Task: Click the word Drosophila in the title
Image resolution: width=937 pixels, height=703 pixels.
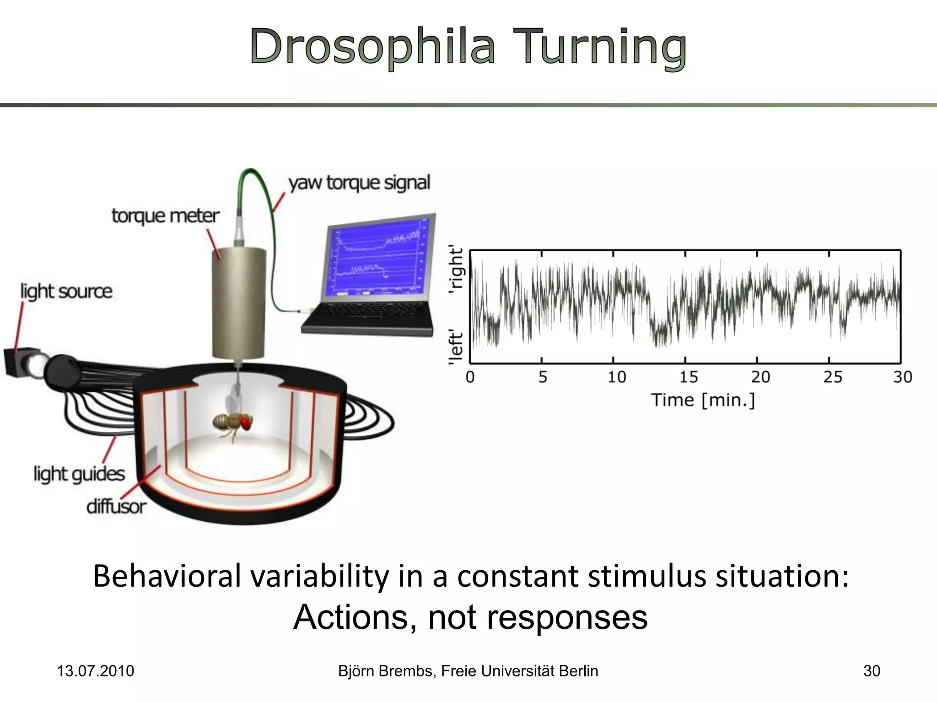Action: tap(372, 47)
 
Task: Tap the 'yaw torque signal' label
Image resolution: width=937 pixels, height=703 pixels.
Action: tap(359, 183)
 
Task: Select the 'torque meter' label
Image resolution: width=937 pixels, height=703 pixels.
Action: tap(165, 216)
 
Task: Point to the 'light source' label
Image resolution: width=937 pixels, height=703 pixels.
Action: tap(66, 291)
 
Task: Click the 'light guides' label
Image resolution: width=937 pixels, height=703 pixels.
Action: tap(79, 474)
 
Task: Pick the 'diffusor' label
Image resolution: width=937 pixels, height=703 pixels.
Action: tap(116, 507)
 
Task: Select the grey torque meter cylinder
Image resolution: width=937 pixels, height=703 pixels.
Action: tap(238, 302)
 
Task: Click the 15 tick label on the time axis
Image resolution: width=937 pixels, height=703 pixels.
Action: tap(688, 377)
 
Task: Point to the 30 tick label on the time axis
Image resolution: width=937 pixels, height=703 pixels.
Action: tap(902, 377)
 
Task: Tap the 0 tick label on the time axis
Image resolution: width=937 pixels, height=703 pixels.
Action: tap(470, 377)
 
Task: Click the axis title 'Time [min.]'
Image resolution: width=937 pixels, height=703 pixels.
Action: tap(703, 400)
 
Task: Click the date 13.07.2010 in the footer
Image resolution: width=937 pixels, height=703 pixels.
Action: tap(95, 671)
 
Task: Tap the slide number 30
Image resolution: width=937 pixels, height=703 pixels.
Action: tap(871, 671)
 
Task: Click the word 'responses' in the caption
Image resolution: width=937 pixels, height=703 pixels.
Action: tap(567, 617)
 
